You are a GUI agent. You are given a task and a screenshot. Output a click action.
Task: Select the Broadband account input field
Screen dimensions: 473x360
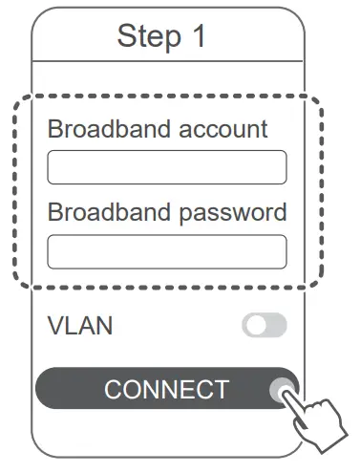pos(166,167)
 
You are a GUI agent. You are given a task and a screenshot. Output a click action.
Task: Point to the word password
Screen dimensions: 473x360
pos(234,211)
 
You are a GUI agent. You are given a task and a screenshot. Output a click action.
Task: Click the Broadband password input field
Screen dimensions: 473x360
pos(166,251)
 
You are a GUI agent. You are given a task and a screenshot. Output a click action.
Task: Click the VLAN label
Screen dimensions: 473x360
pos(80,327)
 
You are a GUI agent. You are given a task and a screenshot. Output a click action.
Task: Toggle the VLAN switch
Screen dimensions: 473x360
pos(265,327)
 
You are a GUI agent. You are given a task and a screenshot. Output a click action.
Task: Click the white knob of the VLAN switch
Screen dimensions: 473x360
pos(255,327)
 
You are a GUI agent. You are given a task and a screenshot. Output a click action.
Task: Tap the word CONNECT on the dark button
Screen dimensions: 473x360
pos(167,390)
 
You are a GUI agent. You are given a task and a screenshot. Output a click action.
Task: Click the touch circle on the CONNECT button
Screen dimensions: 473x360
pos(281,391)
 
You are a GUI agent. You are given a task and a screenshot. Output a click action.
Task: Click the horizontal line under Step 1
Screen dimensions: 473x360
pos(167,61)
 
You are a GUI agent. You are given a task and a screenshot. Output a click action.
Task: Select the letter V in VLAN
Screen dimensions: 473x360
pos(55,327)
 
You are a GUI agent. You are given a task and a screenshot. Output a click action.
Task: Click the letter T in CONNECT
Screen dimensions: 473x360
pos(221,390)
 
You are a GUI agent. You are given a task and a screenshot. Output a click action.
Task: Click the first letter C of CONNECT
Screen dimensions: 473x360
pos(114,390)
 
